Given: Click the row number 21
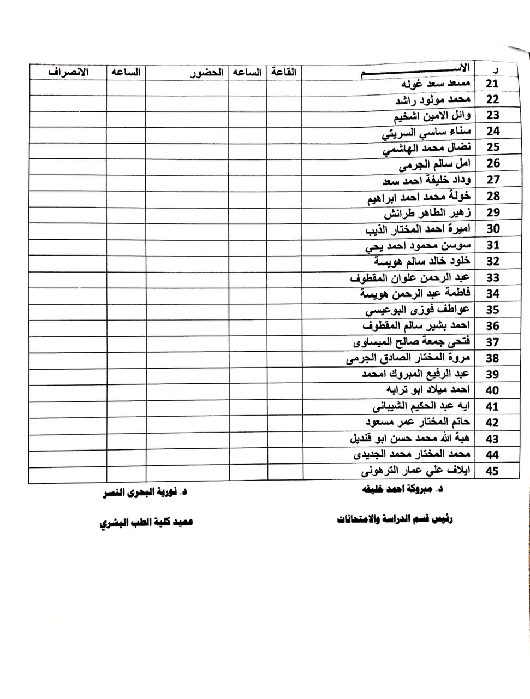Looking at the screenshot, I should pos(492,84).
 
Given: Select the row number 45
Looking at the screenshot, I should pos(492,471).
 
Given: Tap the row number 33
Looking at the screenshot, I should pos(492,277).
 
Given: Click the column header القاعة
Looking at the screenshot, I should pos(284,72).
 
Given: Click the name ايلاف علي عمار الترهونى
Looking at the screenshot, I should pos(416,471).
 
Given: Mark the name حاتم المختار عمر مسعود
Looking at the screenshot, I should pos(419,422).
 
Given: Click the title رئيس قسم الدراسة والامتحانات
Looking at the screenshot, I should pos(395,519).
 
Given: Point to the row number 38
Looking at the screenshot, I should pos(492,358).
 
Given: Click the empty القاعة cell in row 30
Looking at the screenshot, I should pos(284,229).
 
